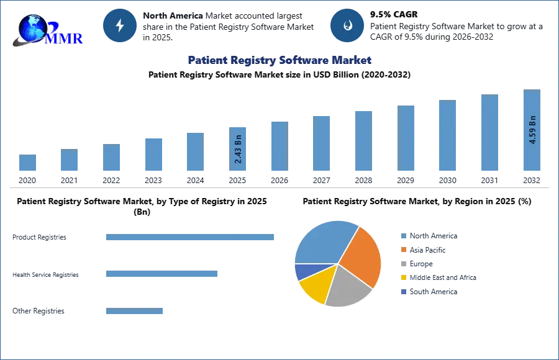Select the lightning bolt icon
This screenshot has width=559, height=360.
(x=120, y=25)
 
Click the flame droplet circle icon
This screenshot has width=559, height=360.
(x=347, y=25)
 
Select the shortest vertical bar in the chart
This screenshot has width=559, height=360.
(x=27, y=163)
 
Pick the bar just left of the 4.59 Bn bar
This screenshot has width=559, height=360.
(x=489, y=133)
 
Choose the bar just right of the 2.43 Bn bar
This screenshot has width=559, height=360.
(x=278, y=146)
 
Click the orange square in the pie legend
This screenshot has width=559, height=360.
(x=402, y=250)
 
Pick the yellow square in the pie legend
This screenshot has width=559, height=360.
(x=402, y=278)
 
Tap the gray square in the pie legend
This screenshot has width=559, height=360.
(x=402, y=264)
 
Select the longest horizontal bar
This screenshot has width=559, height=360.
(x=191, y=238)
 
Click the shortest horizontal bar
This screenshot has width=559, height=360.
(x=134, y=312)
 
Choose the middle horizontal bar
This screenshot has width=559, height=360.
(x=161, y=273)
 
